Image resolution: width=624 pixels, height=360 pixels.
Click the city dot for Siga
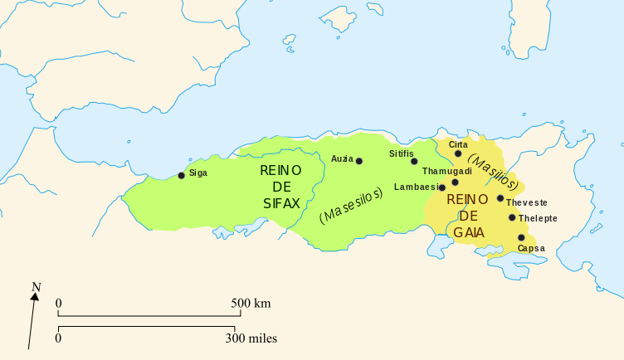tap(182, 175)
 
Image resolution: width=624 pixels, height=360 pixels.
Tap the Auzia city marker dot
tap(359, 161)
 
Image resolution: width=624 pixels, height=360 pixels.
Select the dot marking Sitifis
tap(414, 161)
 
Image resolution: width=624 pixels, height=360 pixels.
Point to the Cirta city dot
tap(458, 153)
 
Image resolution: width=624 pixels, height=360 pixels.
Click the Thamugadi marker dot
tap(455, 182)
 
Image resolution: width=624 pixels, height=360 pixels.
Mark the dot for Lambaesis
tap(442, 187)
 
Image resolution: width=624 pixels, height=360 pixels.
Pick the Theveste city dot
tap(500, 198)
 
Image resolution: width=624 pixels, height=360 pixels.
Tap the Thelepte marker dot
tap(512, 217)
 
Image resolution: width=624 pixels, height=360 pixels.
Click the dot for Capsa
tap(521, 237)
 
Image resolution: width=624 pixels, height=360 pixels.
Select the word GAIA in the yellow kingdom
tap(469, 231)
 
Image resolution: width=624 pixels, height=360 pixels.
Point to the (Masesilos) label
tap(350, 205)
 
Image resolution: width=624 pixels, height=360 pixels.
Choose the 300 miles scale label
tap(251, 338)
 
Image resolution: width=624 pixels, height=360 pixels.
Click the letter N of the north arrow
tap(36, 288)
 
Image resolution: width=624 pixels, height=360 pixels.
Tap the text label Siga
tap(198, 173)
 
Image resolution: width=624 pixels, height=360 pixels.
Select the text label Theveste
tap(526, 202)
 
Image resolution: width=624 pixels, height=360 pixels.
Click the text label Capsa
tap(531, 248)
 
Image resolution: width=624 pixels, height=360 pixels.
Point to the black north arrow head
tap(34, 300)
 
